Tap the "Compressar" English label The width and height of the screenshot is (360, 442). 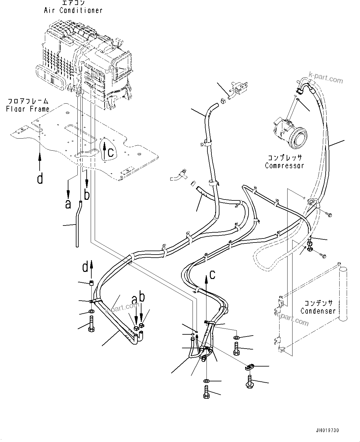pyautogui.click(x=284, y=165)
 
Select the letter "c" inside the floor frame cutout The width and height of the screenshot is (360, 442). pyautogui.click(x=111, y=152)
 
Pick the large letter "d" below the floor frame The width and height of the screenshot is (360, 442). pyautogui.click(x=40, y=178)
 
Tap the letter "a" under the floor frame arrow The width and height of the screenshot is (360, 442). pyautogui.click(x=68, y=204)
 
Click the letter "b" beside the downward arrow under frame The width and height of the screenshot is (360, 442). pyautogui.click(x=87, y=195)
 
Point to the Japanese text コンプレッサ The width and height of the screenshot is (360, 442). pyautogui.click(x=284, y=157)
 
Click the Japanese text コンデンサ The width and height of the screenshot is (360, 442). pyautogui.click(x=318, y=303)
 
